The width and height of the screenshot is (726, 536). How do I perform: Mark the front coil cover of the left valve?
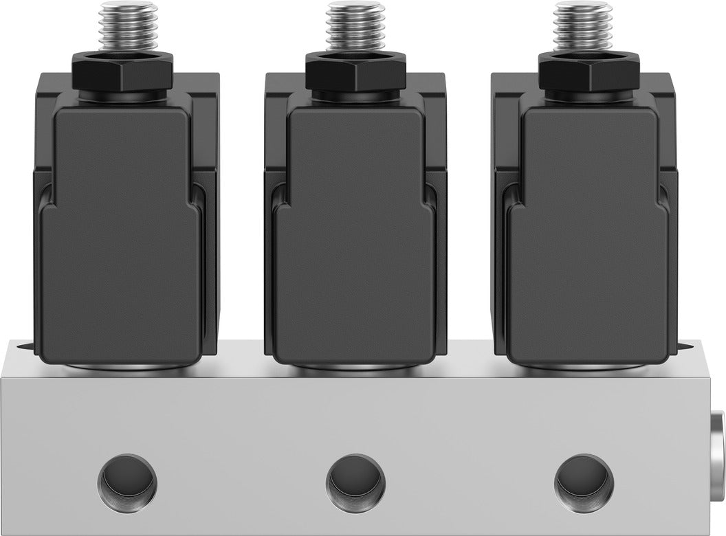120,227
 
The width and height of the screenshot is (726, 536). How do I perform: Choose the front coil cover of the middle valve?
355,227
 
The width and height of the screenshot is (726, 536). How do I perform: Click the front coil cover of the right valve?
589,227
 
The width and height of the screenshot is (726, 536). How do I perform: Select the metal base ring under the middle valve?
355,370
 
